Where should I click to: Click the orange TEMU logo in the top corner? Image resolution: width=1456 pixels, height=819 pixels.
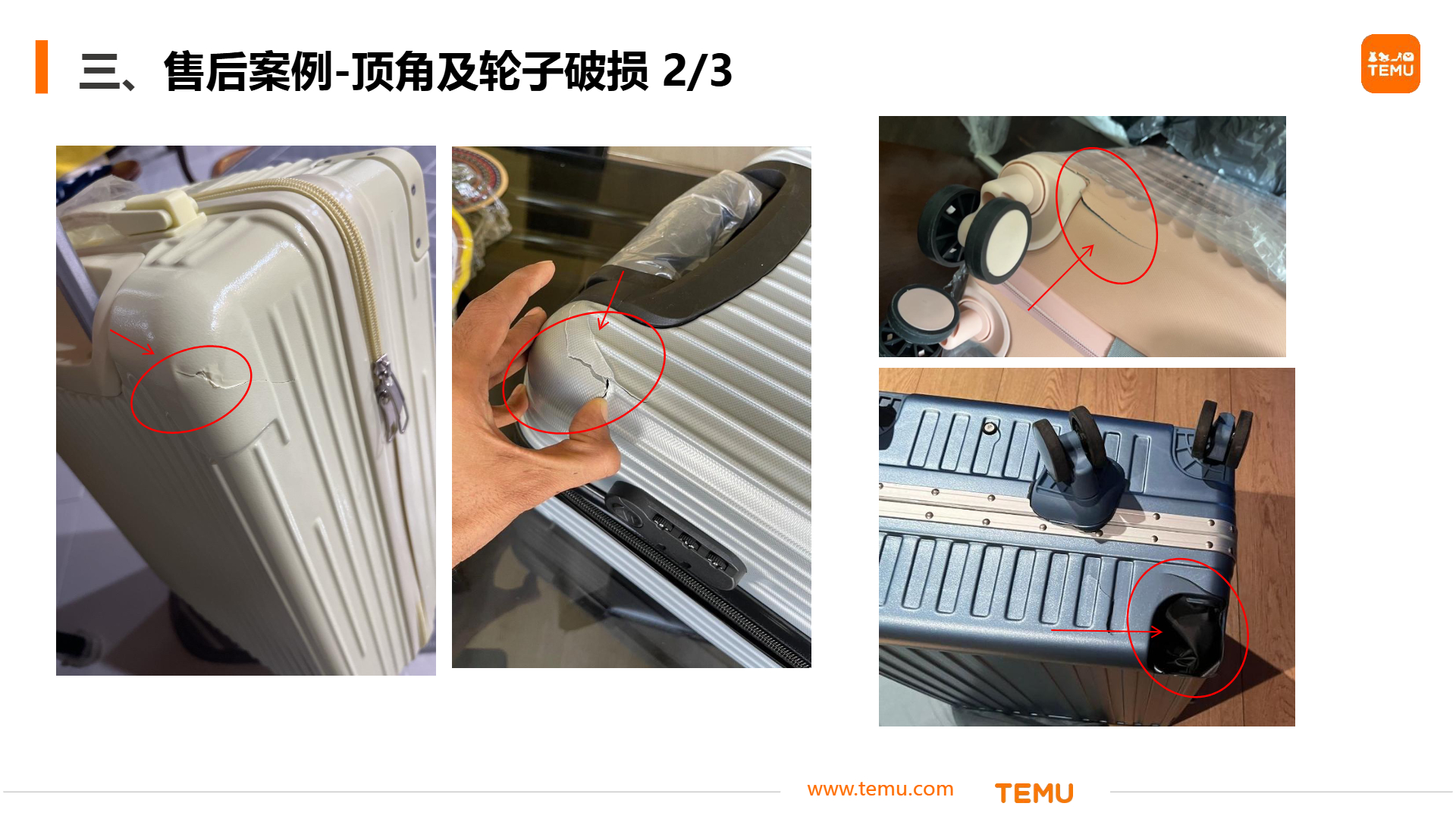pos(1390,64)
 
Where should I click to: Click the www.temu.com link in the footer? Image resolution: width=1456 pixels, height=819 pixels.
pos(880,789)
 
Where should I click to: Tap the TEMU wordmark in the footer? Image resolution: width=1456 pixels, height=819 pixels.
pos(1034,793)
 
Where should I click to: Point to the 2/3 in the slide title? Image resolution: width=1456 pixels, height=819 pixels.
pos(697,71)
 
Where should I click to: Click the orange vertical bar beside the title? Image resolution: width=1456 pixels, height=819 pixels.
pos(42,67)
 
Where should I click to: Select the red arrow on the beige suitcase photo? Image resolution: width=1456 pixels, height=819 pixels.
pos(132,341)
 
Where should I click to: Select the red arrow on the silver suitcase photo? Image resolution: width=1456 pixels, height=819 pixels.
pos(611,300)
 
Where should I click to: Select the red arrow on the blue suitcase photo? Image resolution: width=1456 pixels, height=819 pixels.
pos(1106,630)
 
